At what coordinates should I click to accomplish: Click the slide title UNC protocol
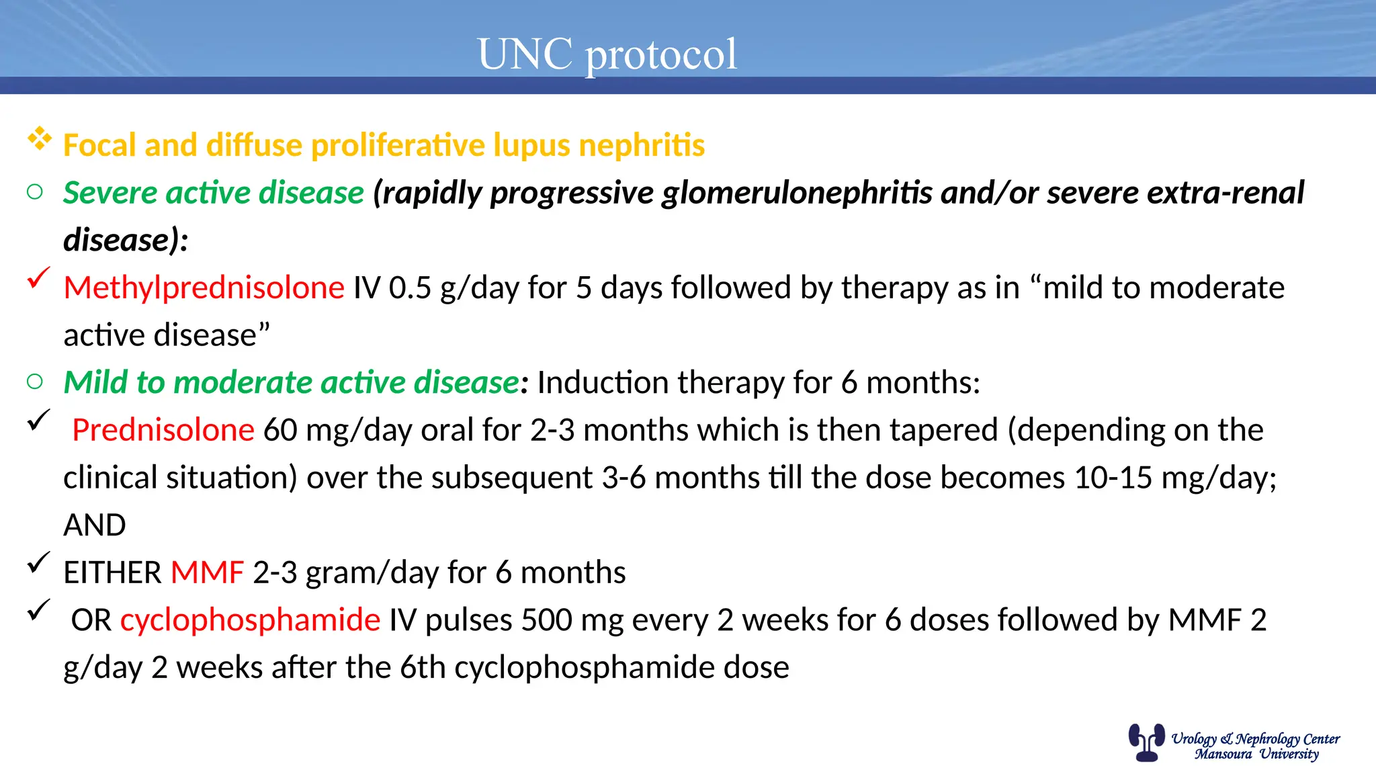pos(607,54)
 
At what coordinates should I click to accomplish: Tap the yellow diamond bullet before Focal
pos(40,138)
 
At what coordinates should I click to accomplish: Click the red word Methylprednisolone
pos(204,288)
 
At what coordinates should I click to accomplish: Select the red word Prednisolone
pos(163,430)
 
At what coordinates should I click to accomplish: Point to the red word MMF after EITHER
pos(207,572)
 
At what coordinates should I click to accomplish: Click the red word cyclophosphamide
pos(250,619)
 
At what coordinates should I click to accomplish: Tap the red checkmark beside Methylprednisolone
pos(39,277)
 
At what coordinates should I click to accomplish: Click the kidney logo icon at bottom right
pos(1146,742)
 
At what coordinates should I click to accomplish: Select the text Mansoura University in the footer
pos(1256,754)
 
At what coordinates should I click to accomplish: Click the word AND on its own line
pos(95,525)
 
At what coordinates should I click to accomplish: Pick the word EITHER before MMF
pos(112,572)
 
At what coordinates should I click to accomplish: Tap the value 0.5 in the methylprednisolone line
pos(410,288)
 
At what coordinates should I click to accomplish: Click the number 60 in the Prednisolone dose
pos(280,430)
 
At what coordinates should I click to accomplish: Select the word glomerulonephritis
pos(797,193)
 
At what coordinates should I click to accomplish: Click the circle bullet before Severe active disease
pos(35,193)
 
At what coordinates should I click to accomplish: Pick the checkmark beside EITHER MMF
pos(39,562)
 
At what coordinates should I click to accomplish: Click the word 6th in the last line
pos(422,667)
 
